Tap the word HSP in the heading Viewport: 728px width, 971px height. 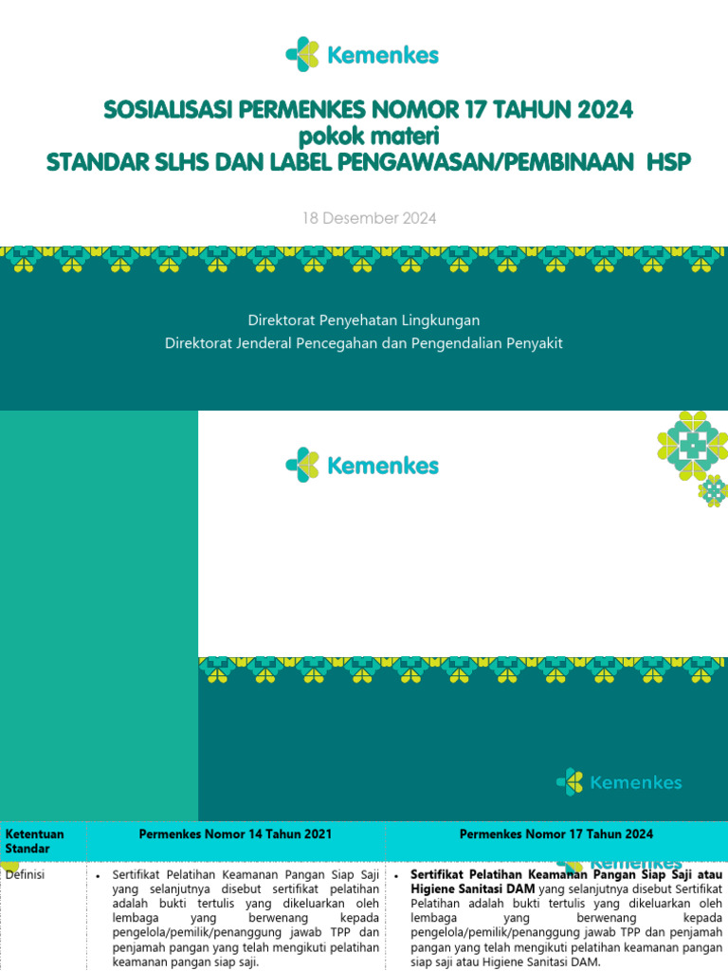668,162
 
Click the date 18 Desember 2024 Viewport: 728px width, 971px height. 369,218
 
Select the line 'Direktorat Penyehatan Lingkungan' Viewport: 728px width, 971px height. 364,321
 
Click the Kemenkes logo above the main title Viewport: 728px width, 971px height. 363,55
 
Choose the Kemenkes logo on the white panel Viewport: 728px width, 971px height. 363,466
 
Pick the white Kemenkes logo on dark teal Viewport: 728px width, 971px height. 620,782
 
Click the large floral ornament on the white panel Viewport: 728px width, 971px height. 693,443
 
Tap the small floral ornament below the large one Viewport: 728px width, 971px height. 713,490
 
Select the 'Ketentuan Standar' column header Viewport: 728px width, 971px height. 35,841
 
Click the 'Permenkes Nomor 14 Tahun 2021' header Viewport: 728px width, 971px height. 235,834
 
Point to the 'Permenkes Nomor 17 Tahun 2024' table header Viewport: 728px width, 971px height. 555,834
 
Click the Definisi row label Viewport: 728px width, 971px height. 26,875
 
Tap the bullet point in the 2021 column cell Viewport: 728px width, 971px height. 99,875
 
